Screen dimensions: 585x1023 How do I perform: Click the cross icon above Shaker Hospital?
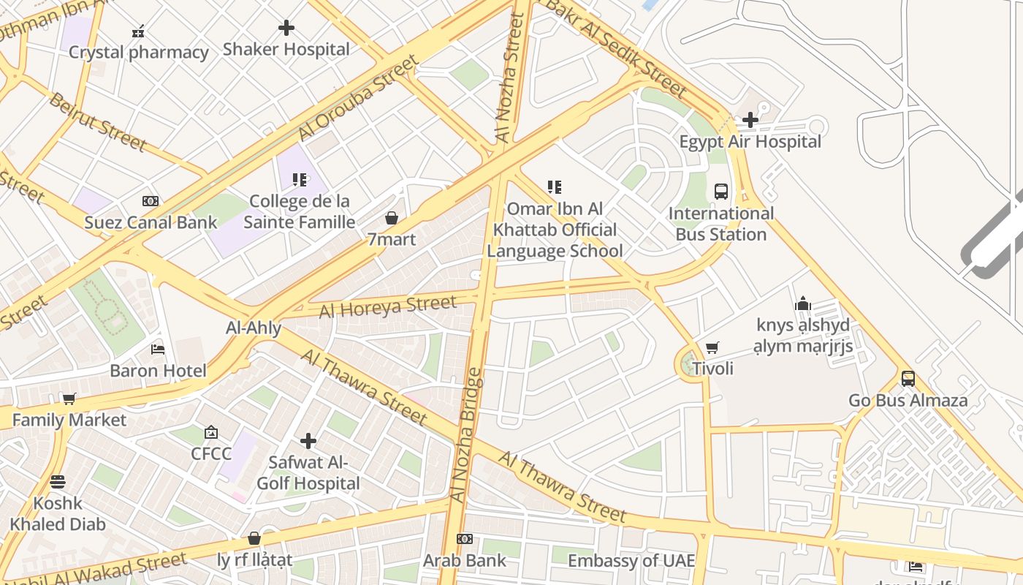point(286,28)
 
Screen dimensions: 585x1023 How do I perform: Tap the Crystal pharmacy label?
point(139,52)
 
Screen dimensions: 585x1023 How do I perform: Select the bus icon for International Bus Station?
point(721,192)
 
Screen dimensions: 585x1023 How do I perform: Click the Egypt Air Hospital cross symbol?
point(750,120)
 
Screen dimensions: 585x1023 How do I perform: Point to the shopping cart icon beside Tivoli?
point(712,347)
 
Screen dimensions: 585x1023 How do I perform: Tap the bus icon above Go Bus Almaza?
point(908,379)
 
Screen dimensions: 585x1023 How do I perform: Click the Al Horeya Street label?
point(388,306)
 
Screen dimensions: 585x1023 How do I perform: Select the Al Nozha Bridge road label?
point(468,435)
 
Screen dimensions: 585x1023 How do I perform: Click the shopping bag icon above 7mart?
point(392,218)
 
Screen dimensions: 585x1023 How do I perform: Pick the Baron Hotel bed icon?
point(158,350)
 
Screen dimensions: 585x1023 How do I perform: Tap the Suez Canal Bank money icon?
point(151,201)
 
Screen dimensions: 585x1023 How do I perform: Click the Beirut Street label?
point(97,121)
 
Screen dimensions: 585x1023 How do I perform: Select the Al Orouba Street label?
point(358,97)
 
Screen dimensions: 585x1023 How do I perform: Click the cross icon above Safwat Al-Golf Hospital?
point(308,441)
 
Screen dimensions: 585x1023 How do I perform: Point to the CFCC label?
point(211,453)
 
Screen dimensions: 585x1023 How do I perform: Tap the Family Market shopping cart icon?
point(69,399)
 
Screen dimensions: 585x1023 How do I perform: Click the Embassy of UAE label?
point(631,561)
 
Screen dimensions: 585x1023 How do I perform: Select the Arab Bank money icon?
point(465,539)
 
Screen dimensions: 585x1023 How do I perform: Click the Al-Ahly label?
point(254,328)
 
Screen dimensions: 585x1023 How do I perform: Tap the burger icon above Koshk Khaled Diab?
point(58,482)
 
